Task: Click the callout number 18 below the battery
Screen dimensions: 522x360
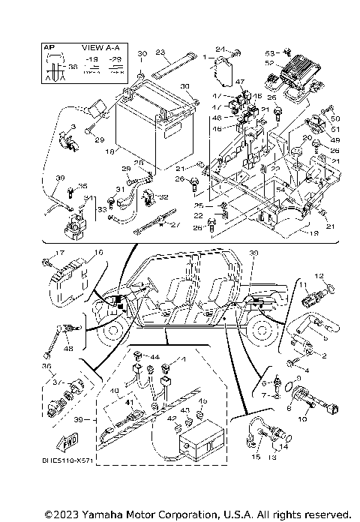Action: (111, 151)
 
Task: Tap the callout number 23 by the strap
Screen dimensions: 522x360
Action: (159, 52)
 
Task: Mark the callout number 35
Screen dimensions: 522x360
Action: (82, 186)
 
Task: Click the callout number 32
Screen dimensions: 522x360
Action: (164, 198)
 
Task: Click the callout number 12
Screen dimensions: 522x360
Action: (317, 276)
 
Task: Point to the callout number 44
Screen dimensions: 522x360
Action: (156, 357)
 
